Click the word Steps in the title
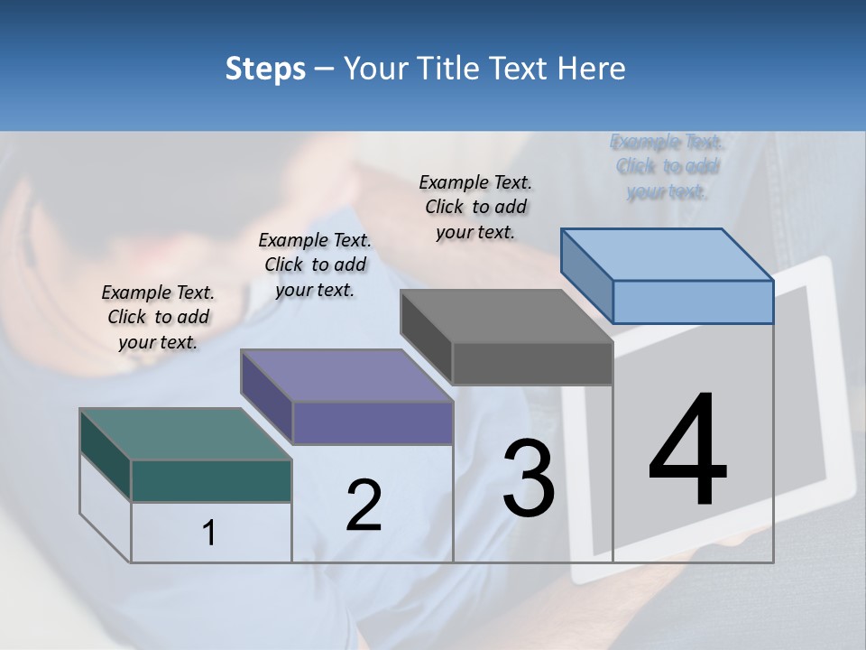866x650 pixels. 265,69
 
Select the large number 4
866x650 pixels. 687,450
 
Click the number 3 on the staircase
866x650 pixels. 529,478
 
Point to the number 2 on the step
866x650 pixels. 364,505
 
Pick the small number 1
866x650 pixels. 209,533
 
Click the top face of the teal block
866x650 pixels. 185,434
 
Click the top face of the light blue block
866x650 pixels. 667,255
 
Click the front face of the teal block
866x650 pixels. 211,480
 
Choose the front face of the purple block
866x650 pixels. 373,422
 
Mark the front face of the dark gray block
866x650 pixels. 532,364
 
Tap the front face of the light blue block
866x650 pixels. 693,302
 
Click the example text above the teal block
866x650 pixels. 158,317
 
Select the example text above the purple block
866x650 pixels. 315,265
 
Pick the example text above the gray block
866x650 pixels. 475,207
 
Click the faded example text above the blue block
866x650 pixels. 667,166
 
